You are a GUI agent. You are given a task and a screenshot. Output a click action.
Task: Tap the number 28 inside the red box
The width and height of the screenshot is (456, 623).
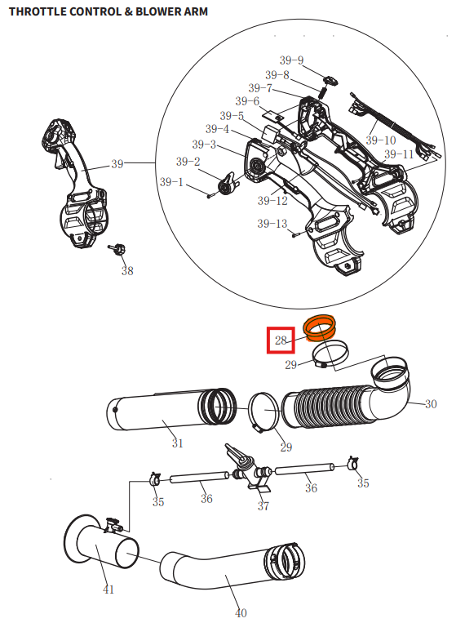point(281,340)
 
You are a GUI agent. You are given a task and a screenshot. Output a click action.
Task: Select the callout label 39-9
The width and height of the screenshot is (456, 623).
point(291,60)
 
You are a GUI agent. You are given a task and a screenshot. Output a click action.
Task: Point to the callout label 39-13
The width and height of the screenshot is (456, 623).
point(272,224)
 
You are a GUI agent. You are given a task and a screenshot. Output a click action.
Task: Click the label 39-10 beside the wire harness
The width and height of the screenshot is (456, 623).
point(380,140)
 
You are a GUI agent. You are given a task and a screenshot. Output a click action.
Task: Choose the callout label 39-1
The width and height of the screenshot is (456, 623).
point(171,182)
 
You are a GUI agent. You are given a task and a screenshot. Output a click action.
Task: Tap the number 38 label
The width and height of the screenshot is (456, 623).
point(127,270)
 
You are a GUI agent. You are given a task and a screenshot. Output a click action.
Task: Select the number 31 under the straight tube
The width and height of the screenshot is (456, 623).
point(177,443)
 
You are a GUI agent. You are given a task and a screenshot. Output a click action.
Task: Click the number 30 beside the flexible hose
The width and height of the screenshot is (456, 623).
point(431,404)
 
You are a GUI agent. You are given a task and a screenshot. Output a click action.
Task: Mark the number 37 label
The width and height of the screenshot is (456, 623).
point(263,506)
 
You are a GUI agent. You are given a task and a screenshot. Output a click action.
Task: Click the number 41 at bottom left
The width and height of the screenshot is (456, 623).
point(108,590)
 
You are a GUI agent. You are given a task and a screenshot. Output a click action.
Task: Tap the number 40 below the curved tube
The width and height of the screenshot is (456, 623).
point(241,612)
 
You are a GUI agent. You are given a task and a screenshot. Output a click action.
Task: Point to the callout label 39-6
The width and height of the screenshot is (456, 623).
point(247,101)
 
